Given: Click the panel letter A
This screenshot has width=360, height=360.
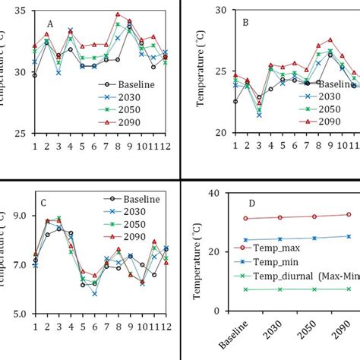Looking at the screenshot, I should click(x=50, y=23).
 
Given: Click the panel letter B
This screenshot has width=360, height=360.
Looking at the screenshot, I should click(x=245, y=23).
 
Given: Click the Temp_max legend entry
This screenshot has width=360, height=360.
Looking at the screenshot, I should click(x=269, y=248).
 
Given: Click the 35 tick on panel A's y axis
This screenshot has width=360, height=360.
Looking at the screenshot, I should click(x=20, y=11).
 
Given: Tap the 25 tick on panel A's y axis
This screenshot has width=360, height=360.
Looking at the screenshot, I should click(x=20, y=133).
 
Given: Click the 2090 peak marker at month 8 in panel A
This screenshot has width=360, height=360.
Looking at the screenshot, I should click(x=118, y=14).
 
